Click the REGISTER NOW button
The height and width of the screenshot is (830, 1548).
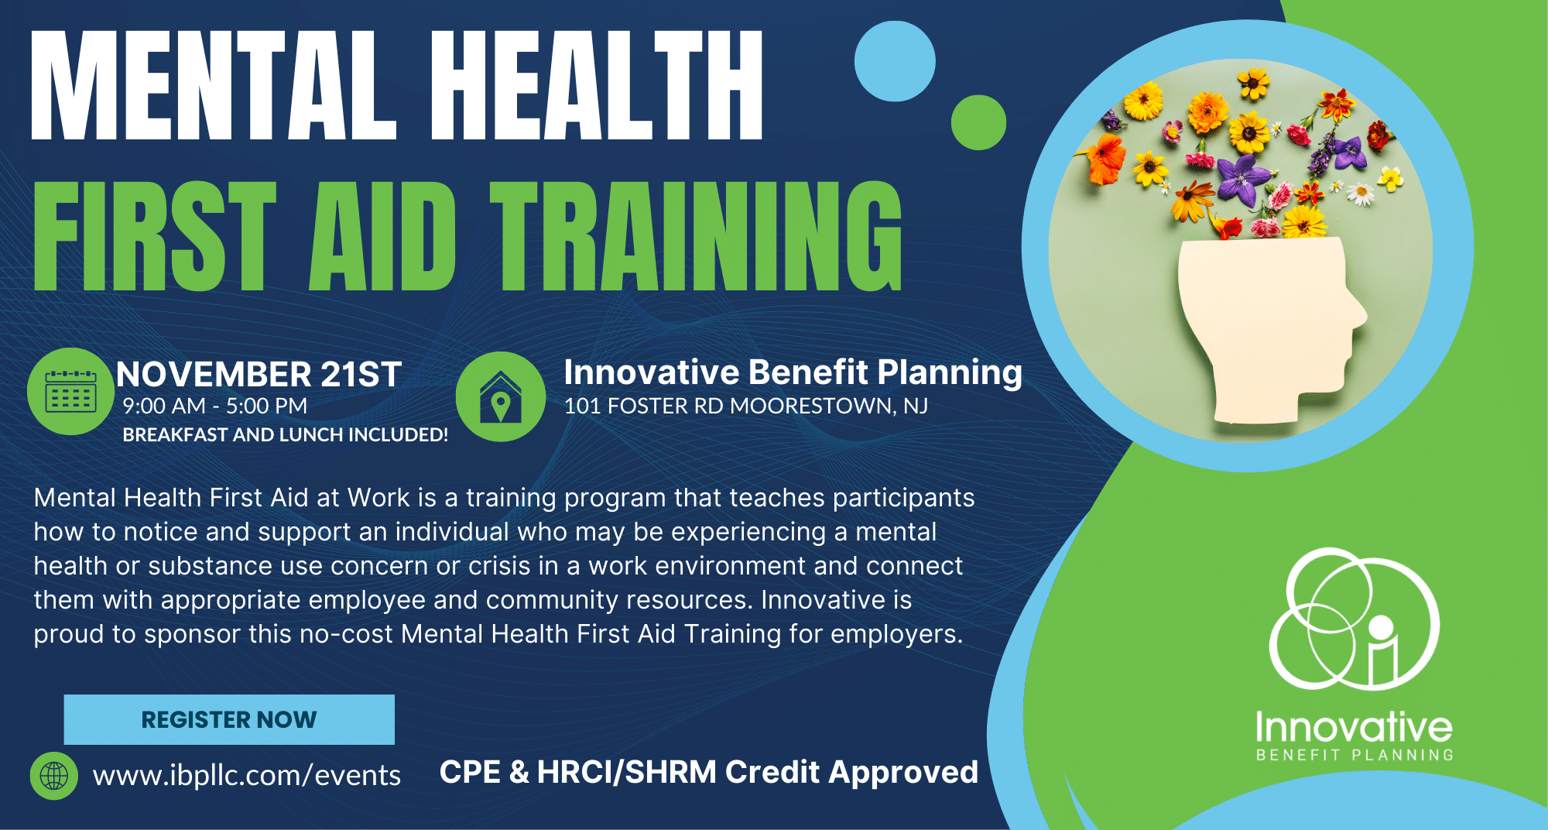click(229, 719)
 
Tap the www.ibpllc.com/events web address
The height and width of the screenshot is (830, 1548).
click(247, 775)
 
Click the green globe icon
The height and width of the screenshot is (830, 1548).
click(54, 775)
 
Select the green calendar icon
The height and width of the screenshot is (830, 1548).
click(70, 392)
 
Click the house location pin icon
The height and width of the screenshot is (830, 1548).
click(501, 396)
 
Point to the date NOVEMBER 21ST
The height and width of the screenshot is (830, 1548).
click(259, 375)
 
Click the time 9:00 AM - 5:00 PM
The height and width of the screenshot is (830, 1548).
click(215, 406)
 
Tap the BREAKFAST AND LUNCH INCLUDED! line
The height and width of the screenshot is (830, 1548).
click(286, 434)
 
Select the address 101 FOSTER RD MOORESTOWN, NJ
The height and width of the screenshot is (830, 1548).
click(746, 406)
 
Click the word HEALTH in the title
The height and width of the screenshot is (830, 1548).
click(597, 85)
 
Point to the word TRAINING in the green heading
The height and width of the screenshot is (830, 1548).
click(697, 236)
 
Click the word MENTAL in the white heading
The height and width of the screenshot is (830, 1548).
click(214, 85)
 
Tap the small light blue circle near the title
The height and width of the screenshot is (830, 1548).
click(895, 61)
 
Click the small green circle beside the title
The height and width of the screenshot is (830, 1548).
click(978, 122)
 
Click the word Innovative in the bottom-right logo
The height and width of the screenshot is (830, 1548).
click(1354, 728)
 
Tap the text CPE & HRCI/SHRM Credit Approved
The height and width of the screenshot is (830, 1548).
click(709, 772)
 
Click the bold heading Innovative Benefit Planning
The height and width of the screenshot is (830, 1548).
click(793, 372)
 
